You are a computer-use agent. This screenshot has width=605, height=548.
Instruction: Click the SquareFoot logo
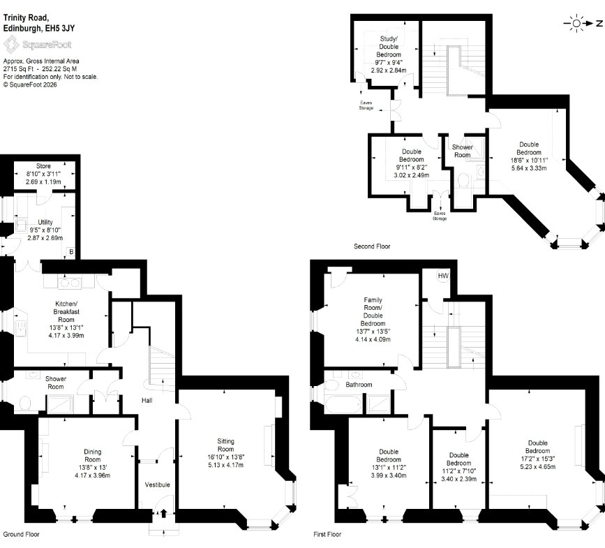point(38,45)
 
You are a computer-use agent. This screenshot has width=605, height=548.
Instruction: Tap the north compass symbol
point(583,24)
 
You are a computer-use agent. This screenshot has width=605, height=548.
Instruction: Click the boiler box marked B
point(71,252)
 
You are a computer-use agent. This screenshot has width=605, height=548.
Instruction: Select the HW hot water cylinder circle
point(443,276)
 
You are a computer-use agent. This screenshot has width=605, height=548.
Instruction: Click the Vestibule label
point(158,484)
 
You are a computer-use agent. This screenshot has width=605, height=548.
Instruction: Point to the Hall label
point(147,401)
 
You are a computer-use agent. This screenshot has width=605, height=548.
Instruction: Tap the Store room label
point(43,166)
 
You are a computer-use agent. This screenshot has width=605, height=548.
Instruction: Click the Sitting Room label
point(225,445)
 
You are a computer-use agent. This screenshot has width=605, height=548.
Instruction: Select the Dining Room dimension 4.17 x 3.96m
point(93,475)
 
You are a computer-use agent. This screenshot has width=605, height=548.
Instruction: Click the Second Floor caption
point(372,246)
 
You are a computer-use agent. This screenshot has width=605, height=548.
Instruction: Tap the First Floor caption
point(327,535)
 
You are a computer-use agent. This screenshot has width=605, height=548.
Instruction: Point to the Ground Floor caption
point(21,535)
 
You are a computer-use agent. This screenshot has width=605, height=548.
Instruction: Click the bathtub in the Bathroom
point(343,404)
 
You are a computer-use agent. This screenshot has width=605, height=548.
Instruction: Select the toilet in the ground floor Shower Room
point(25,403)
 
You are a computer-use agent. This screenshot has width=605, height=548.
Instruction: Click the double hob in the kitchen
point(70,283)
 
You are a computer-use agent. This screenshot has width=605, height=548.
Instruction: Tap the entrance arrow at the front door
point(163,513)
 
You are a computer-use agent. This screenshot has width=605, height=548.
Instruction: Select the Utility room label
point(45,222)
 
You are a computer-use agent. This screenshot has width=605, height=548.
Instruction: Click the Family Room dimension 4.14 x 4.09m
point(373,339)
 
